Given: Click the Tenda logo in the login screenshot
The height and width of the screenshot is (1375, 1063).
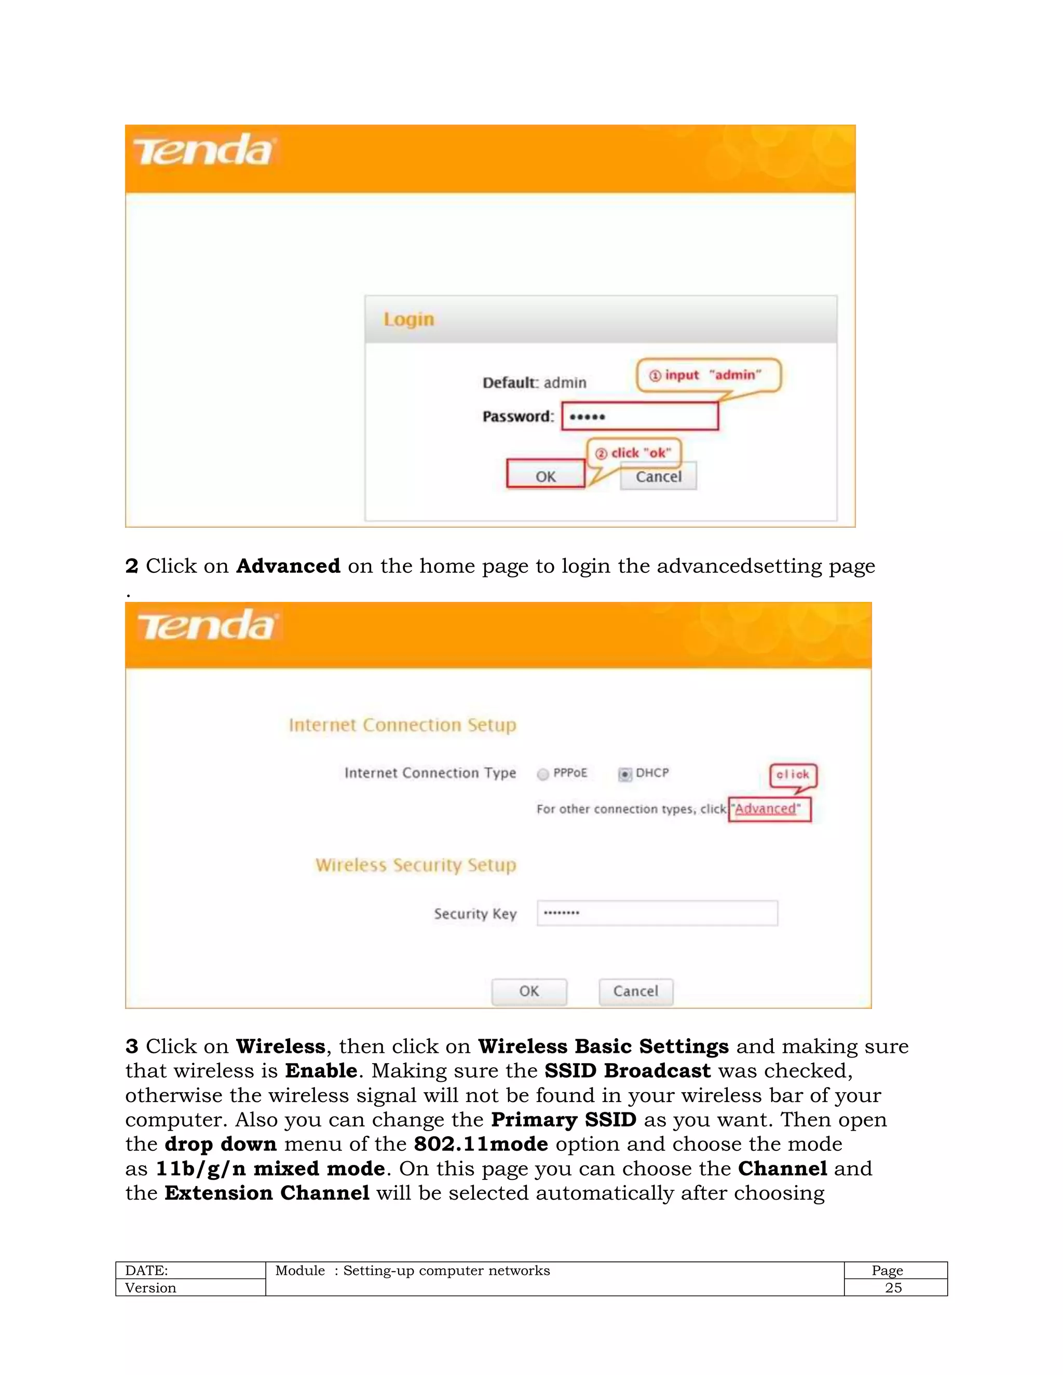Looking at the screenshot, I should [x=203, y=151].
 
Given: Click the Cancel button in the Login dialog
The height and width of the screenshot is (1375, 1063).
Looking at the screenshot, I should [x=658, y=477].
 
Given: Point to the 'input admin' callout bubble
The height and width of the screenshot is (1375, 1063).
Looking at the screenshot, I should [x=708, y=375].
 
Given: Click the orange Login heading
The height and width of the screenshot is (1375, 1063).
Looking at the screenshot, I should [x=408, y=319].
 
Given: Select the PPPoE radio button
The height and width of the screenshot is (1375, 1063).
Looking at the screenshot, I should [x=543, y=774].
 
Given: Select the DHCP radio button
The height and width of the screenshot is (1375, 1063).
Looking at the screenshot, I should [x=625, y=774].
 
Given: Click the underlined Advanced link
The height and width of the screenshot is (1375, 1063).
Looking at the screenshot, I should [x=765, y=809].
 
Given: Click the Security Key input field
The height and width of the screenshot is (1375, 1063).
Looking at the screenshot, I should [x=657, y=913].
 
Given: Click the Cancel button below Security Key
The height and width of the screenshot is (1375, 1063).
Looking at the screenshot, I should [x=635, y=991].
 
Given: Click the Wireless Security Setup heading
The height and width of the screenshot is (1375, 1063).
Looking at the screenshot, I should [x=416, y=865].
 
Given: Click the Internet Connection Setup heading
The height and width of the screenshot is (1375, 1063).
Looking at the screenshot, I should [x=402, y=725].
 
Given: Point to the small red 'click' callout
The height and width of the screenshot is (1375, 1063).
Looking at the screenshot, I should [x=793, y=775].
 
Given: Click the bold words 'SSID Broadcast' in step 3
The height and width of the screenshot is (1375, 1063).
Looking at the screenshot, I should [x=627, y=1071].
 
